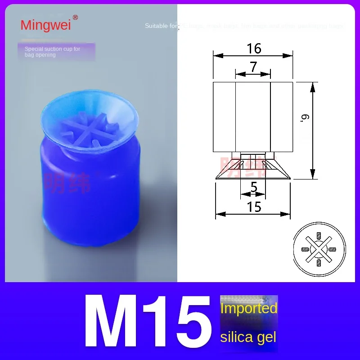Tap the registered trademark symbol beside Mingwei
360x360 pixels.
75,18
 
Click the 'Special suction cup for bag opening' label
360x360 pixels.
52,52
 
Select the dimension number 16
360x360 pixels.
254,48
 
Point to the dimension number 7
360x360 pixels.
253,67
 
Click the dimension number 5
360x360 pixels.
254,186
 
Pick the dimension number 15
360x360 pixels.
254,207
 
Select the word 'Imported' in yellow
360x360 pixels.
248,308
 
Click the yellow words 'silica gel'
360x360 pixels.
248,337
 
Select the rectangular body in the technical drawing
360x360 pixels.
252,117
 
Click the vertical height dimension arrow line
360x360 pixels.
312,130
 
